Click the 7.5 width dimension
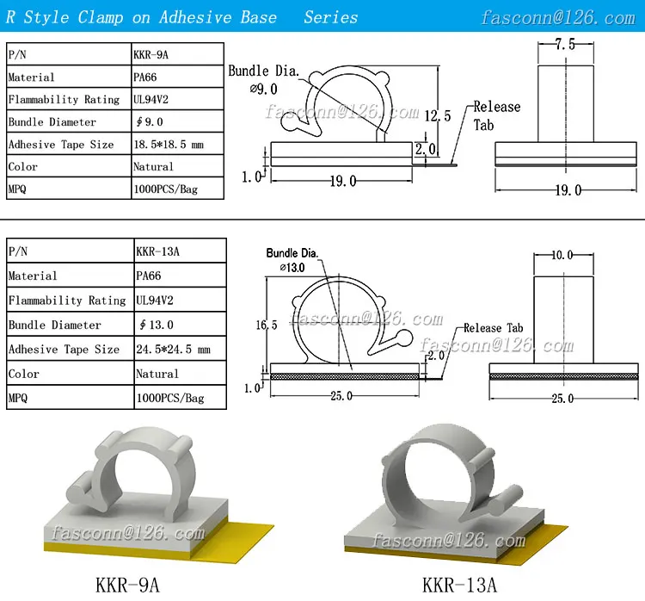tap(565, 44)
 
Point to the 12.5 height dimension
tap(438, 115)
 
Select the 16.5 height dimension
tap(267, 325)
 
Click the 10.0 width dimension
tap(562, 255)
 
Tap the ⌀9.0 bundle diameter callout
tap(264, 89)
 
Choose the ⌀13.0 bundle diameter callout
tap(292, 268)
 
